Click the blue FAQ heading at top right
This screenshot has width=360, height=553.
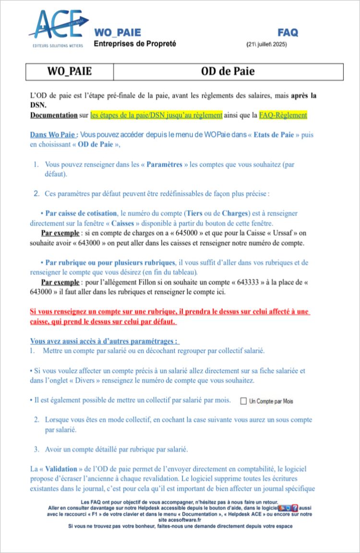point(288,33)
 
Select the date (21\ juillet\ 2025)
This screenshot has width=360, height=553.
point(267,44)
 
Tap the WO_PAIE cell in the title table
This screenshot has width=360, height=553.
point(70,72)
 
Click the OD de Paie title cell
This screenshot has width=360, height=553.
point(228,72)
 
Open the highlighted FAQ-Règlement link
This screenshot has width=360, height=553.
point(283,115)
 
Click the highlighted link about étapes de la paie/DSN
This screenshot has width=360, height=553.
point(156,115)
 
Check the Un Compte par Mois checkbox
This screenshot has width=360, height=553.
point(243,401)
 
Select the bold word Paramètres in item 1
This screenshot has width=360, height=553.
point(165,164)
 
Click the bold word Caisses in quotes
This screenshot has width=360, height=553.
point(122,223)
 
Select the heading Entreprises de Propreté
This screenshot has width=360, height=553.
point(135,44)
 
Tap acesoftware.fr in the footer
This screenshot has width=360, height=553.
point(180,519)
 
